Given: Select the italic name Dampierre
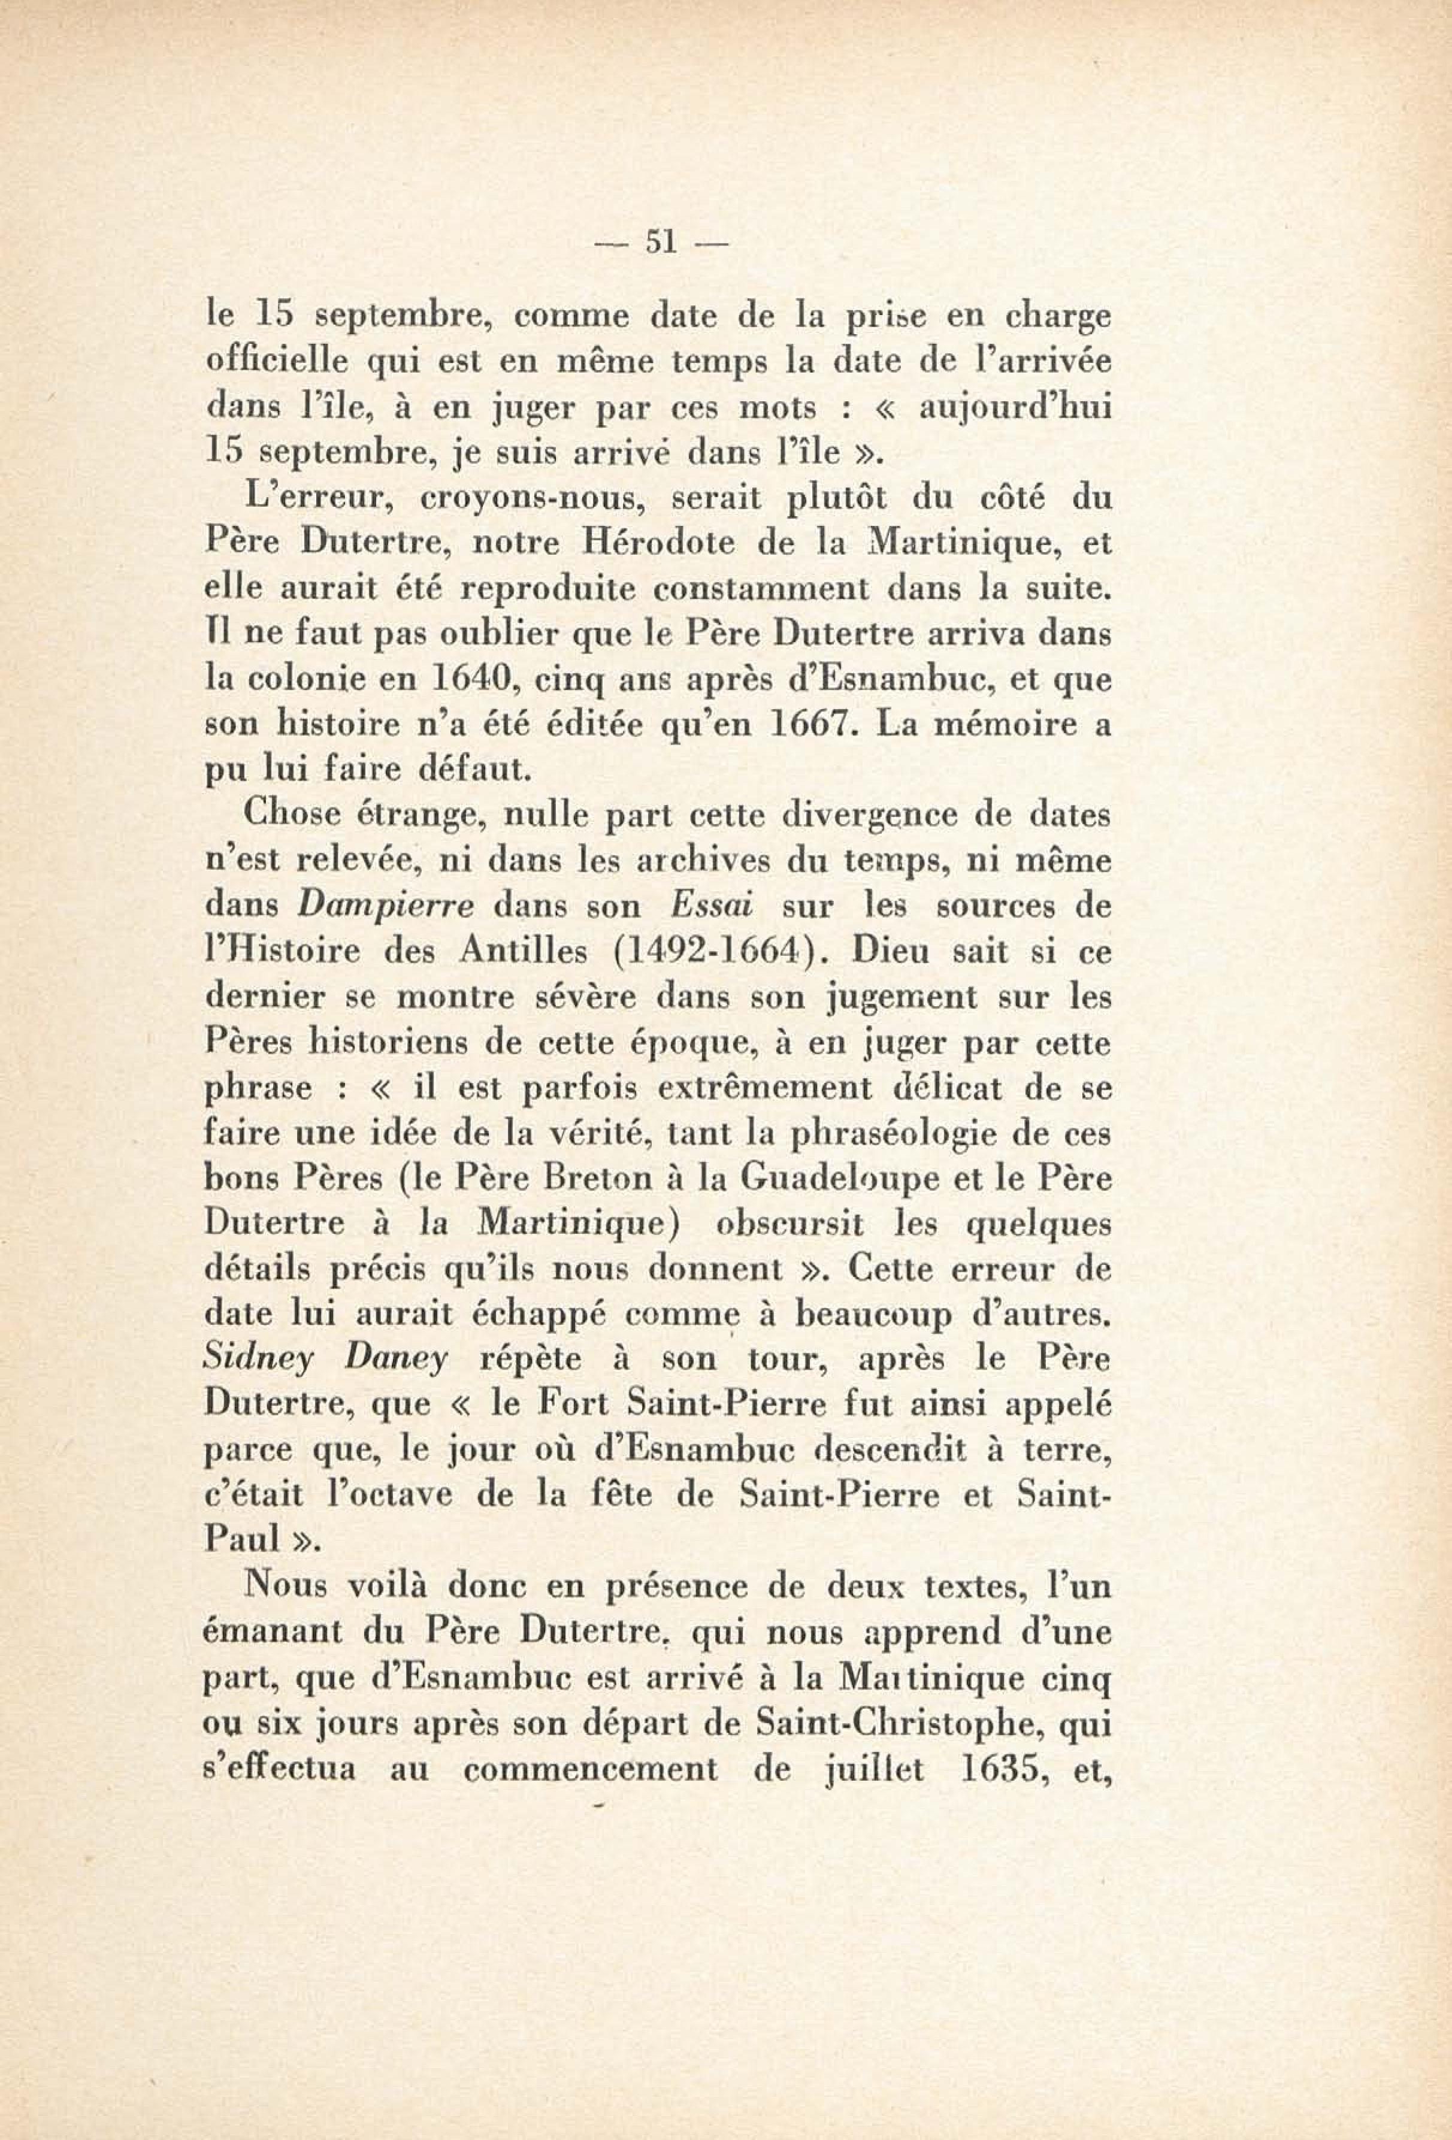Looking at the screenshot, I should tap(387, 907).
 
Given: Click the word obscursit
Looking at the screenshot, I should tap(789, 1225).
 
